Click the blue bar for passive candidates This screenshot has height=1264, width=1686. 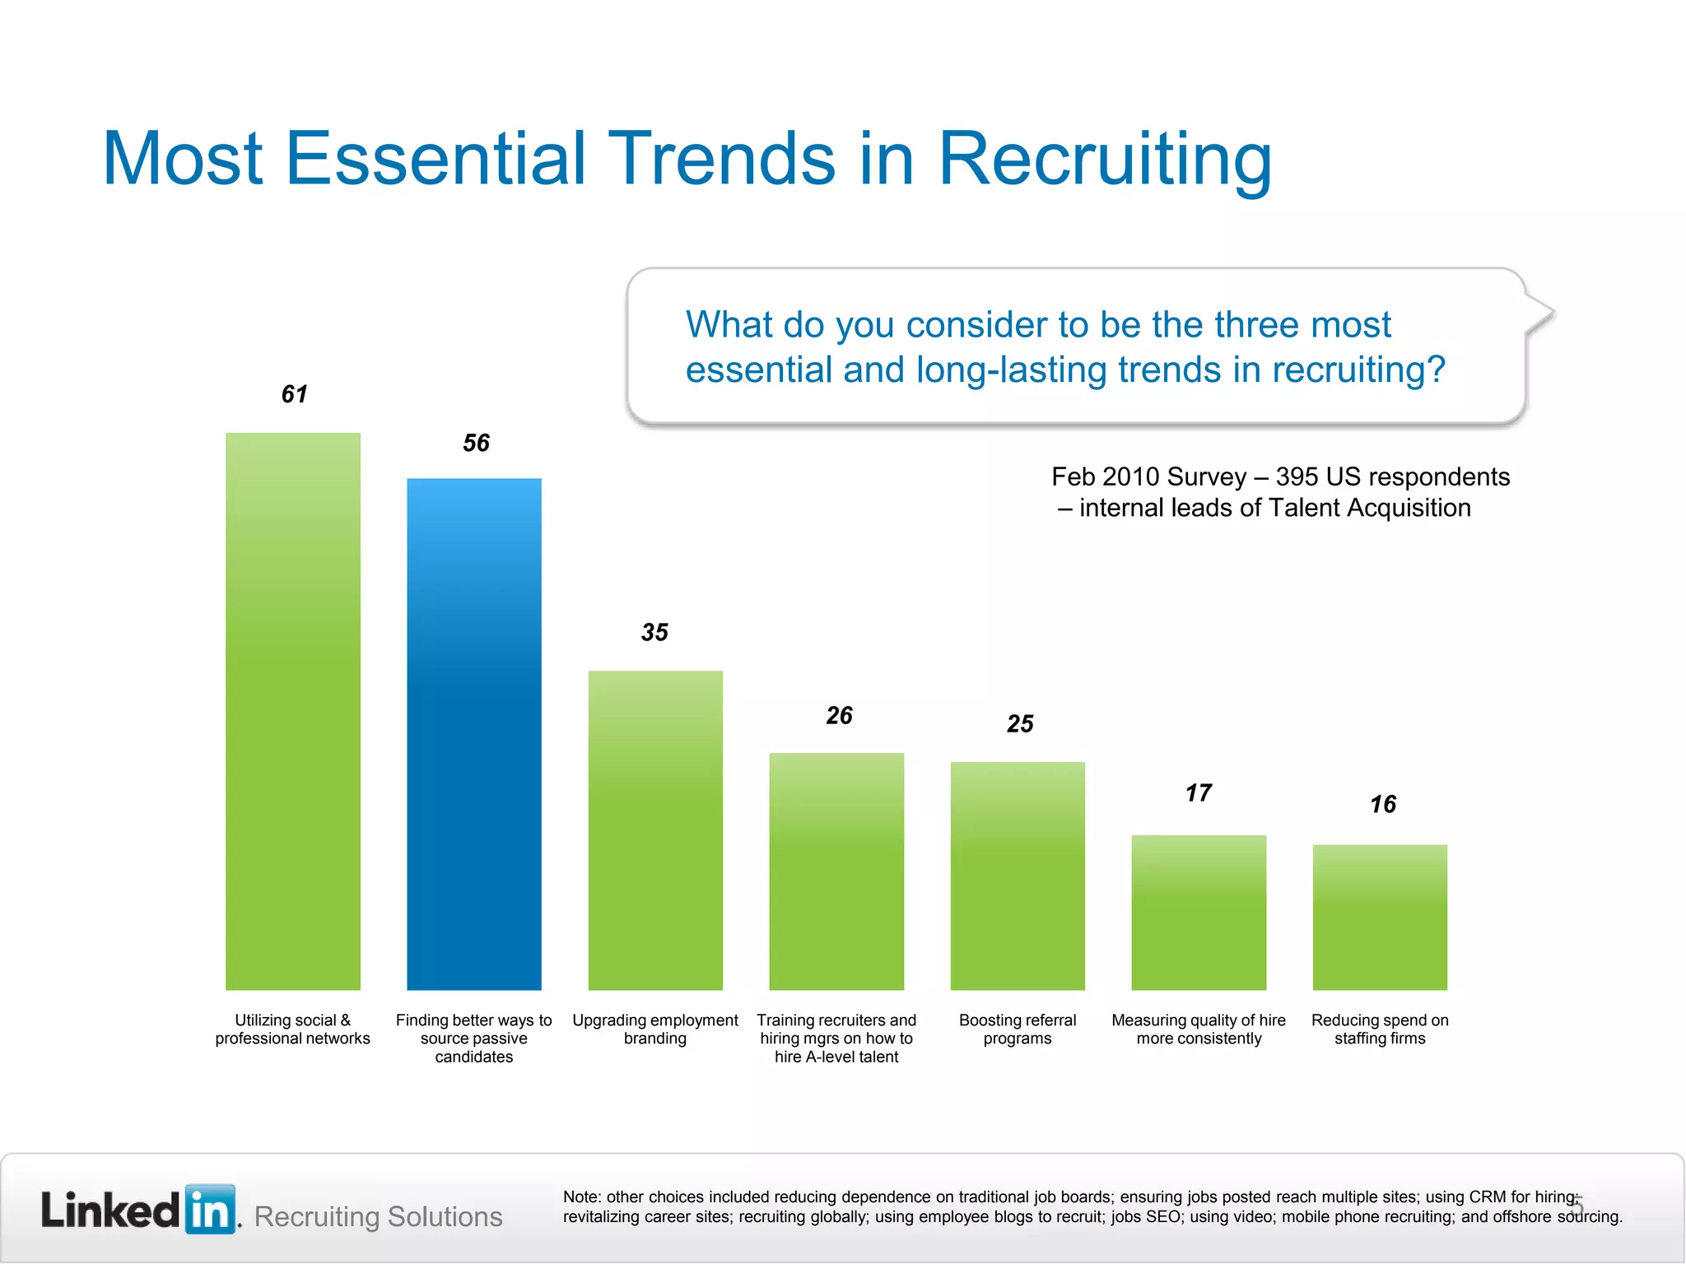474,732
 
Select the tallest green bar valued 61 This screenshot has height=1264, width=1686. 293,711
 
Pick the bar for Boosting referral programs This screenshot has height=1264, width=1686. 1018,876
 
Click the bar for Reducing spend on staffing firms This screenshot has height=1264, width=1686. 1380,917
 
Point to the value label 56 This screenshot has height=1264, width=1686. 476,444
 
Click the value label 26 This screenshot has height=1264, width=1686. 839,716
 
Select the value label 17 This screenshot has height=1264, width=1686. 1199,793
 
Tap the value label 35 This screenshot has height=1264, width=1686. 654,633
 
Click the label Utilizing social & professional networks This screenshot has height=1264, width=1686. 293,1029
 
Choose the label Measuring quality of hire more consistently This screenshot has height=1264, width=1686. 1199,1029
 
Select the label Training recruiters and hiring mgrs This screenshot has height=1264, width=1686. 836,1039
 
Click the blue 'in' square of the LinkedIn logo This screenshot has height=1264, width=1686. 211,1209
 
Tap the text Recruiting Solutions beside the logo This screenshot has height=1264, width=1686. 379,1216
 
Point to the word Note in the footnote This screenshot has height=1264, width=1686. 581,1197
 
